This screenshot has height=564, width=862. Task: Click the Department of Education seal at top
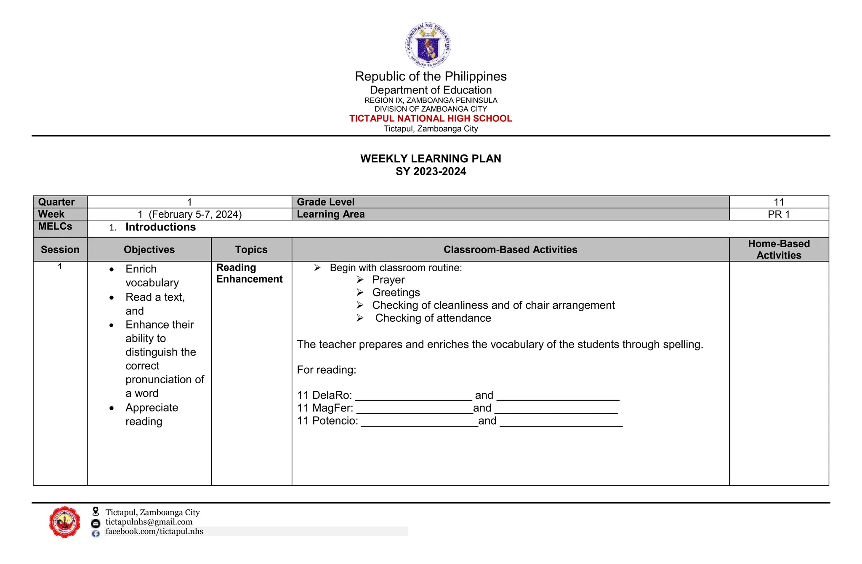coord(428,45)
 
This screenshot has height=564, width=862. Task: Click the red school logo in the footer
coord(64,522)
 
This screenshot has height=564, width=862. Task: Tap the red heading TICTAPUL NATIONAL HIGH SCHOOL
coord(431,119)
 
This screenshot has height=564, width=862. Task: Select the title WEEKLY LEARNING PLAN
coord(431,159)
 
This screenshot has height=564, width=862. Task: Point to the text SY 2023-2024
coord(431,171)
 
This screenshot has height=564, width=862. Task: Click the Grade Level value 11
coord(779,202)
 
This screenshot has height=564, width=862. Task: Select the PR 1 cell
coord(779,214)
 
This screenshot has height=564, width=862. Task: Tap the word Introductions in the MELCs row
coord(160,227)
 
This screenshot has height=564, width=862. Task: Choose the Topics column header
coord(251,250)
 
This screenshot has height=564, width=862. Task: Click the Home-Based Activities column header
coord(779,249)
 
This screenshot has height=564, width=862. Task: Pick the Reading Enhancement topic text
coord(249,273)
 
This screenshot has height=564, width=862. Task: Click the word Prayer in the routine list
coord(388,280)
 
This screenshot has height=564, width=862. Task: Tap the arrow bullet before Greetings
coord(360,292)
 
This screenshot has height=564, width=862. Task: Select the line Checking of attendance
coord(433,318)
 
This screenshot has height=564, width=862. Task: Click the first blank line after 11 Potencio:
coord(419,423)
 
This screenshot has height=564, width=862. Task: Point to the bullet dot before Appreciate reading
coord(112,408)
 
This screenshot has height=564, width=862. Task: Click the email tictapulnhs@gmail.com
coord(149,522)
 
